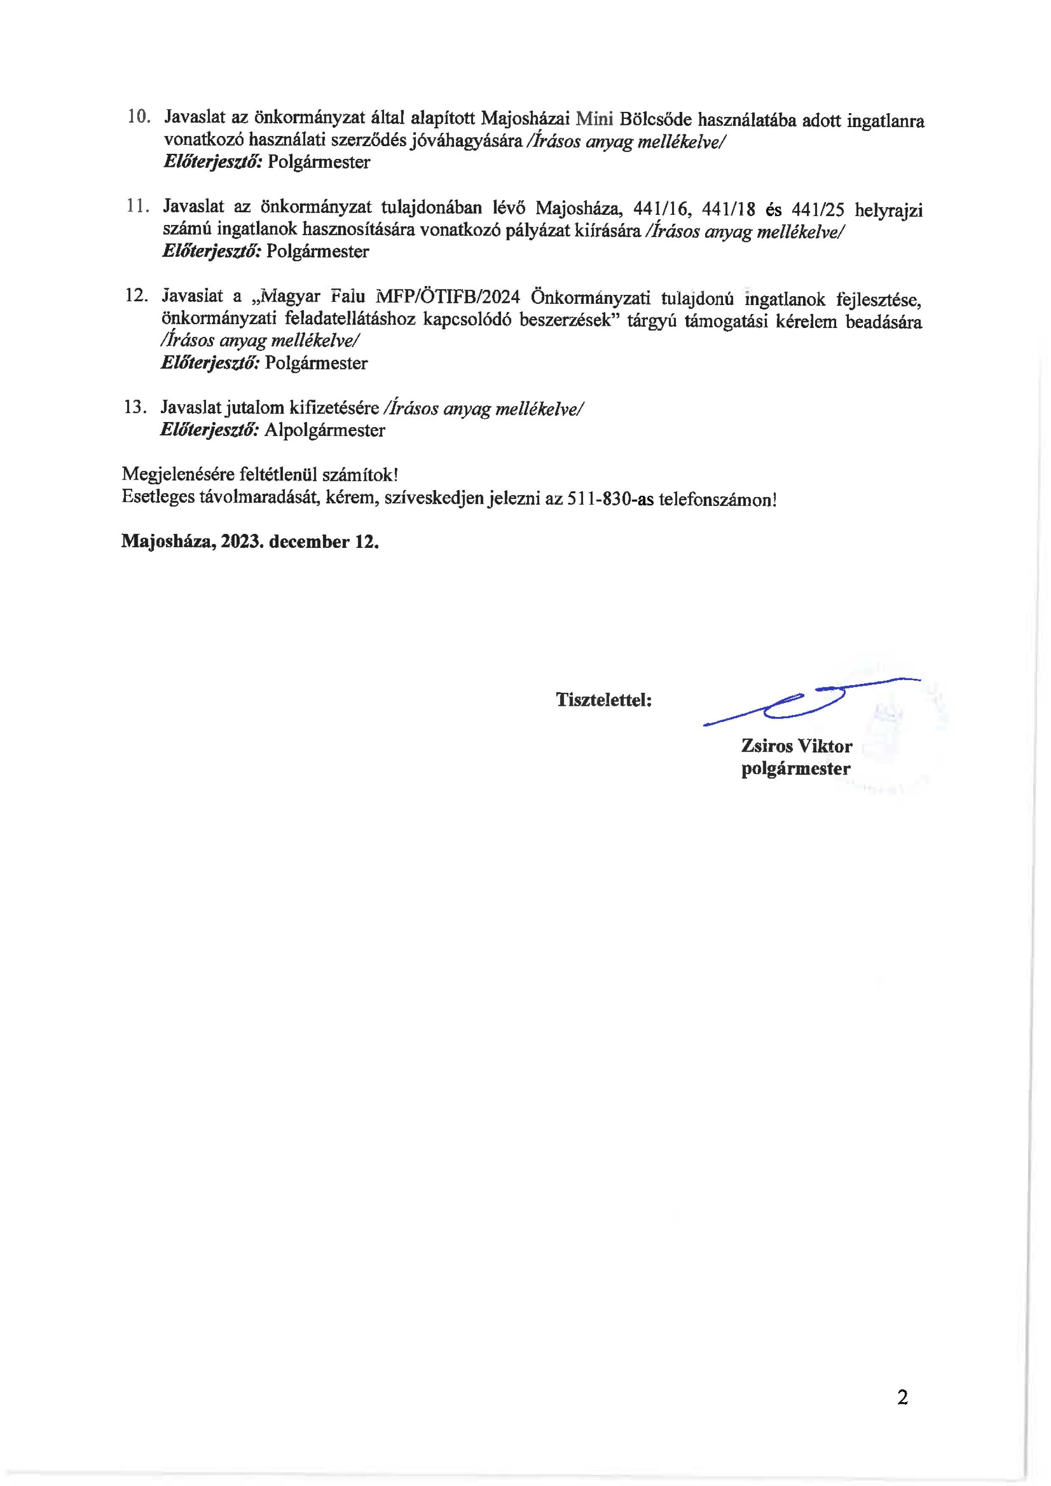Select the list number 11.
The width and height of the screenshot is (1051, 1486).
click(137, 206)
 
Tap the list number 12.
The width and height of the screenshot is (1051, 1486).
click(136, 296)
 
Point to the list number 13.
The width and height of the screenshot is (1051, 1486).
click(135, 407)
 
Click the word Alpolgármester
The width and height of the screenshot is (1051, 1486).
click(324, 431)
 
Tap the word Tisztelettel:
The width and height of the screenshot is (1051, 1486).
click(603, 700)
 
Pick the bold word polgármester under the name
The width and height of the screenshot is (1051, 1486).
click(795, 769)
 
